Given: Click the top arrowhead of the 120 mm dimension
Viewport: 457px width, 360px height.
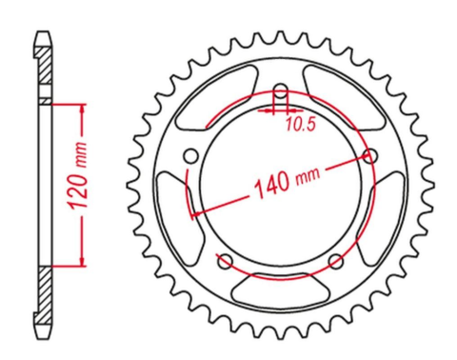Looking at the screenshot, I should tap(84, 105).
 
